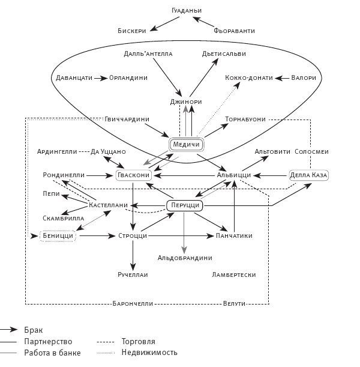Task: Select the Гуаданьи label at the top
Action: point(186,11)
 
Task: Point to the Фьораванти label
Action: point(235,29)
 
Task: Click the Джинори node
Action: point(187,102)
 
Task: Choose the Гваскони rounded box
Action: point(132,175)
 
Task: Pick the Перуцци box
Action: point(184,205)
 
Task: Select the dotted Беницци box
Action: point(58,237)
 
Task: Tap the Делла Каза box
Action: point(309,175)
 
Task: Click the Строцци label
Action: point(133,237)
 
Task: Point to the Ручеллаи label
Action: point(133,274)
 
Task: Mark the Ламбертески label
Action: point(234,274)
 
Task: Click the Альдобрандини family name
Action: point(185,258)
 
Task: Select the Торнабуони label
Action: point(245,119)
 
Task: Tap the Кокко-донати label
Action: point(249,78)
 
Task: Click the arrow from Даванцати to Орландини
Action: point(100,78)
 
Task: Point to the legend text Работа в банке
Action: point(52,353)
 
